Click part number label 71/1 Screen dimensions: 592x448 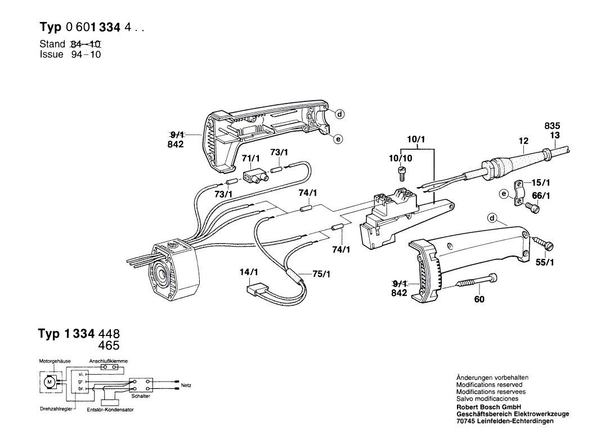coord(250,158)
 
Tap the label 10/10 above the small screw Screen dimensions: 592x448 coord(401,158)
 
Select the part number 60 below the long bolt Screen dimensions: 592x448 coord(479,299)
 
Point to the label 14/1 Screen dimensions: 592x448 coord(249,272)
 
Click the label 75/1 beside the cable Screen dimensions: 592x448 coord(321,274)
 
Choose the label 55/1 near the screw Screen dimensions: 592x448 coord(545,262)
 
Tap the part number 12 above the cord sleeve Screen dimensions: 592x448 coord(523,141)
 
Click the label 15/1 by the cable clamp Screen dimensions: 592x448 coord(541,183)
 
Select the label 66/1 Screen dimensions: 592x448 coord(541,196)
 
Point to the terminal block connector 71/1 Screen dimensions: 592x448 coord(255,176)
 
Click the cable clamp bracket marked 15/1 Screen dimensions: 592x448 coord(519,194)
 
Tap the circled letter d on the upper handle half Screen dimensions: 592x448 coord(340,114)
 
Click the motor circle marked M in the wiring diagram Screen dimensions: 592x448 coord(49,382)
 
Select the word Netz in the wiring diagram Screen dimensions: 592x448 coord(186,386)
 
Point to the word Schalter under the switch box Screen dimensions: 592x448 coord(141,396)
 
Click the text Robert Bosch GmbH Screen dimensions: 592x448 coord(489,407)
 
